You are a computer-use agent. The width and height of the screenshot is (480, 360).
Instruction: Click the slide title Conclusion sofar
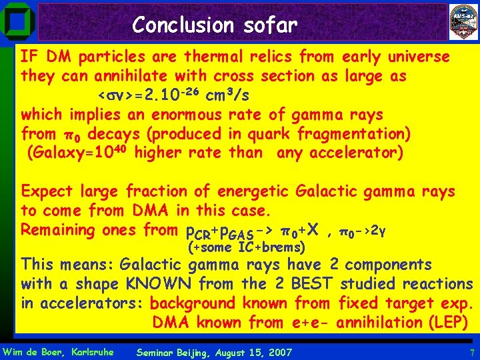coord(214,25)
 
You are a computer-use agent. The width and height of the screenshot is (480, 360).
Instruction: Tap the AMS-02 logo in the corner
coord(463,21)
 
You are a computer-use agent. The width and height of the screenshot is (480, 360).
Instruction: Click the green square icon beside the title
coord(16,20)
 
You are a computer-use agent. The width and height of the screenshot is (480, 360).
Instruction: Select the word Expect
coord(48,192)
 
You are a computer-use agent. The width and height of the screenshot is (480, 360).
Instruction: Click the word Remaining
coord(59,230)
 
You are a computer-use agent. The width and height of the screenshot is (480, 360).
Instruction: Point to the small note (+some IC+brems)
coord(247,248)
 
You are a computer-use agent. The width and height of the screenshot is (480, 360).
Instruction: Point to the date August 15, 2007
coord(249,351)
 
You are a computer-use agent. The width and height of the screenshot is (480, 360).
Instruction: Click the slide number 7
coord(471,351)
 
